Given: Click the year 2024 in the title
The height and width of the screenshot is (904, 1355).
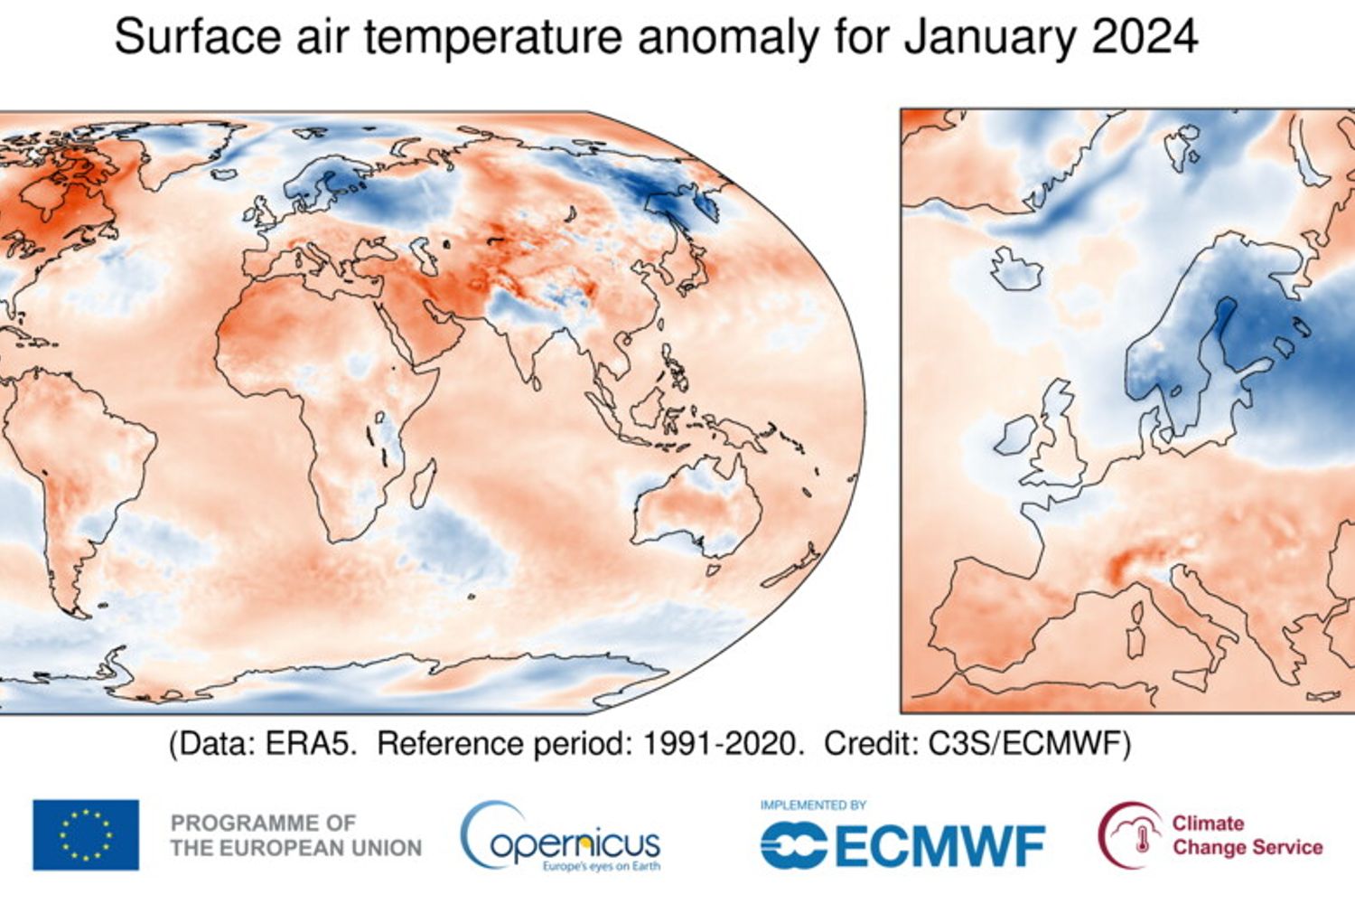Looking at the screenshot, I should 1144,37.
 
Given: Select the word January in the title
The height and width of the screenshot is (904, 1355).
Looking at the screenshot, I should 988,37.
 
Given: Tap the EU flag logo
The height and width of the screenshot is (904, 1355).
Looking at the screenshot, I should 86,834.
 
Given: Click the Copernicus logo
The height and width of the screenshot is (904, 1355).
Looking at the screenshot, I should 560,836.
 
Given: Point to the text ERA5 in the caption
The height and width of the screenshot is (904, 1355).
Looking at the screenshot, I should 311,744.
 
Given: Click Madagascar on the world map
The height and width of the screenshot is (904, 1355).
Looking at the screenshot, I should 422,484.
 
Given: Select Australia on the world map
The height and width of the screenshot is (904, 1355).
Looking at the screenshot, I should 696,511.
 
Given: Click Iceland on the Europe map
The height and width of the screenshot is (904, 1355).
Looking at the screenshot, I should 1015,268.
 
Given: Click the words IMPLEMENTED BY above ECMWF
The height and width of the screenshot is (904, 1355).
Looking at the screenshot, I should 813,805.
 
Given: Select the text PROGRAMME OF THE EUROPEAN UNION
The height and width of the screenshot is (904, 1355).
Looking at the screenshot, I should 295,835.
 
